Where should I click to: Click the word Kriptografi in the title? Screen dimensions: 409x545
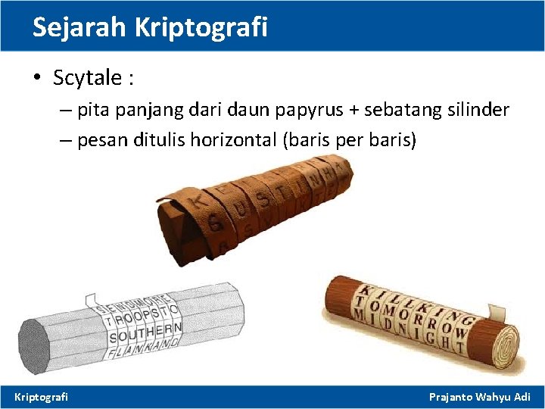coord(201,27)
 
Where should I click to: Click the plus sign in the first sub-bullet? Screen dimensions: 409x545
coord(353,111)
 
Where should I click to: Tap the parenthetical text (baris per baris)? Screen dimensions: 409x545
coord(349,141)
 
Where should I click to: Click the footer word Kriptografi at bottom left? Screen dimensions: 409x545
coord(42,396)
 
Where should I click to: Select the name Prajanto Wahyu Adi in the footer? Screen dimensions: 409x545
coord(480,396)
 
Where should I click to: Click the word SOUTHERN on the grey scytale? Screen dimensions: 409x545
coord(145,332)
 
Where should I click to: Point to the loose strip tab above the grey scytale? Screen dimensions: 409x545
coord(92,301)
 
